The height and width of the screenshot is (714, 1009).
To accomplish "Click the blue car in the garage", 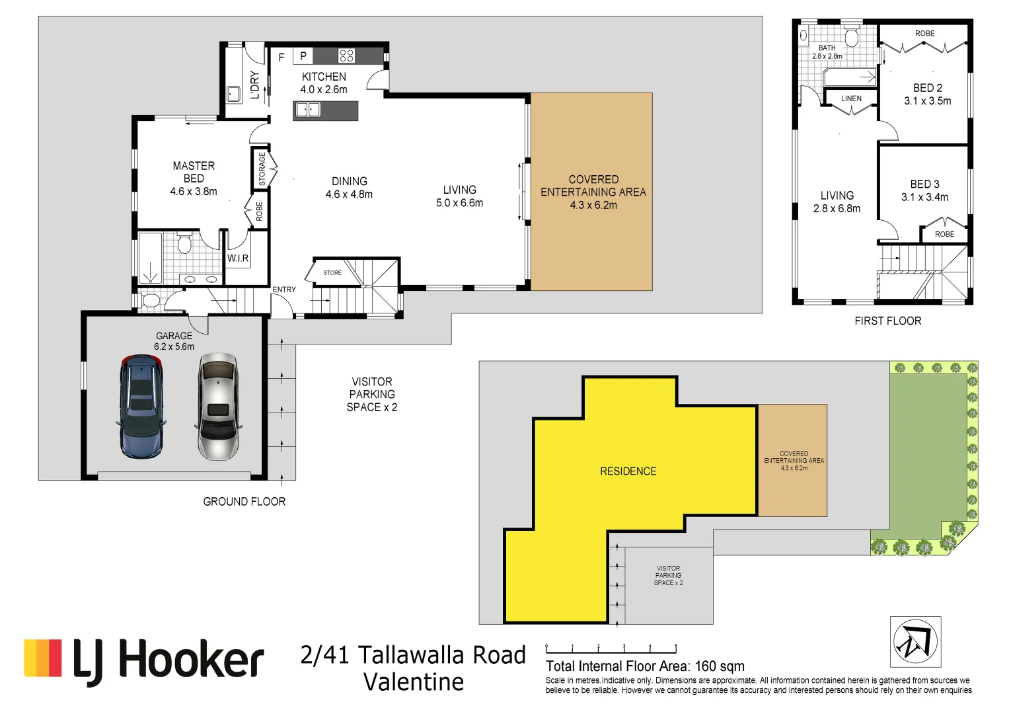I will click(x=141, y=407).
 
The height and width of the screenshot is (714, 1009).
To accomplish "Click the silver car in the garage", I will click(x=217, y=407).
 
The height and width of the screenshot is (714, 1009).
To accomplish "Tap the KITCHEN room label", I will click(x=324, y=77).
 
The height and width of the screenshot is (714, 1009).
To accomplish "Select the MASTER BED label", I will click(x=194, y=172).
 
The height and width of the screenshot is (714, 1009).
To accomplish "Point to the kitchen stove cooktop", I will click(x=347, y=56).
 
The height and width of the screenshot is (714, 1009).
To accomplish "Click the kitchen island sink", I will click(x=308, y=110).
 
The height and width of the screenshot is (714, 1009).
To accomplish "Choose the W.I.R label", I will click(x=238, y=258).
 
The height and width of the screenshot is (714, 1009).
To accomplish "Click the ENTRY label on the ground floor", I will click(x=284, y=290).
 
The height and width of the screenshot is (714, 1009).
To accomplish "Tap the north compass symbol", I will click(x=915, y=642).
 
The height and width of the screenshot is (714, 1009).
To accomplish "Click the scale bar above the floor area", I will click(x=611, y=649).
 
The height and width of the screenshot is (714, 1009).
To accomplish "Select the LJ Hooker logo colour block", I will click(x=43, y=658).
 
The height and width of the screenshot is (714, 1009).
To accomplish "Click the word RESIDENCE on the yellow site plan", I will click(x=628, y=471).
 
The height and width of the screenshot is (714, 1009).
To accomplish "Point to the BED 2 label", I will click(x=927, y=88).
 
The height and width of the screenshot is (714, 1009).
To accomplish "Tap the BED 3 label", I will click(x=924, y=184).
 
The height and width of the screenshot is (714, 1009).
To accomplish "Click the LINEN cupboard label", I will click(x=851, y=99).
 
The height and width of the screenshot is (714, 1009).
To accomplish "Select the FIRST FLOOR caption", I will click(x=887, y=321).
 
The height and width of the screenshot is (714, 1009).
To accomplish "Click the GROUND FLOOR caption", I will click(x=244, y=502).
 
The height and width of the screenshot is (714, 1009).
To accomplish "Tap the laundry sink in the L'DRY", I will click(x=233, y=93).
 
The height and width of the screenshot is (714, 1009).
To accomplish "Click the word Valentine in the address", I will click(x=414, y=682).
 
